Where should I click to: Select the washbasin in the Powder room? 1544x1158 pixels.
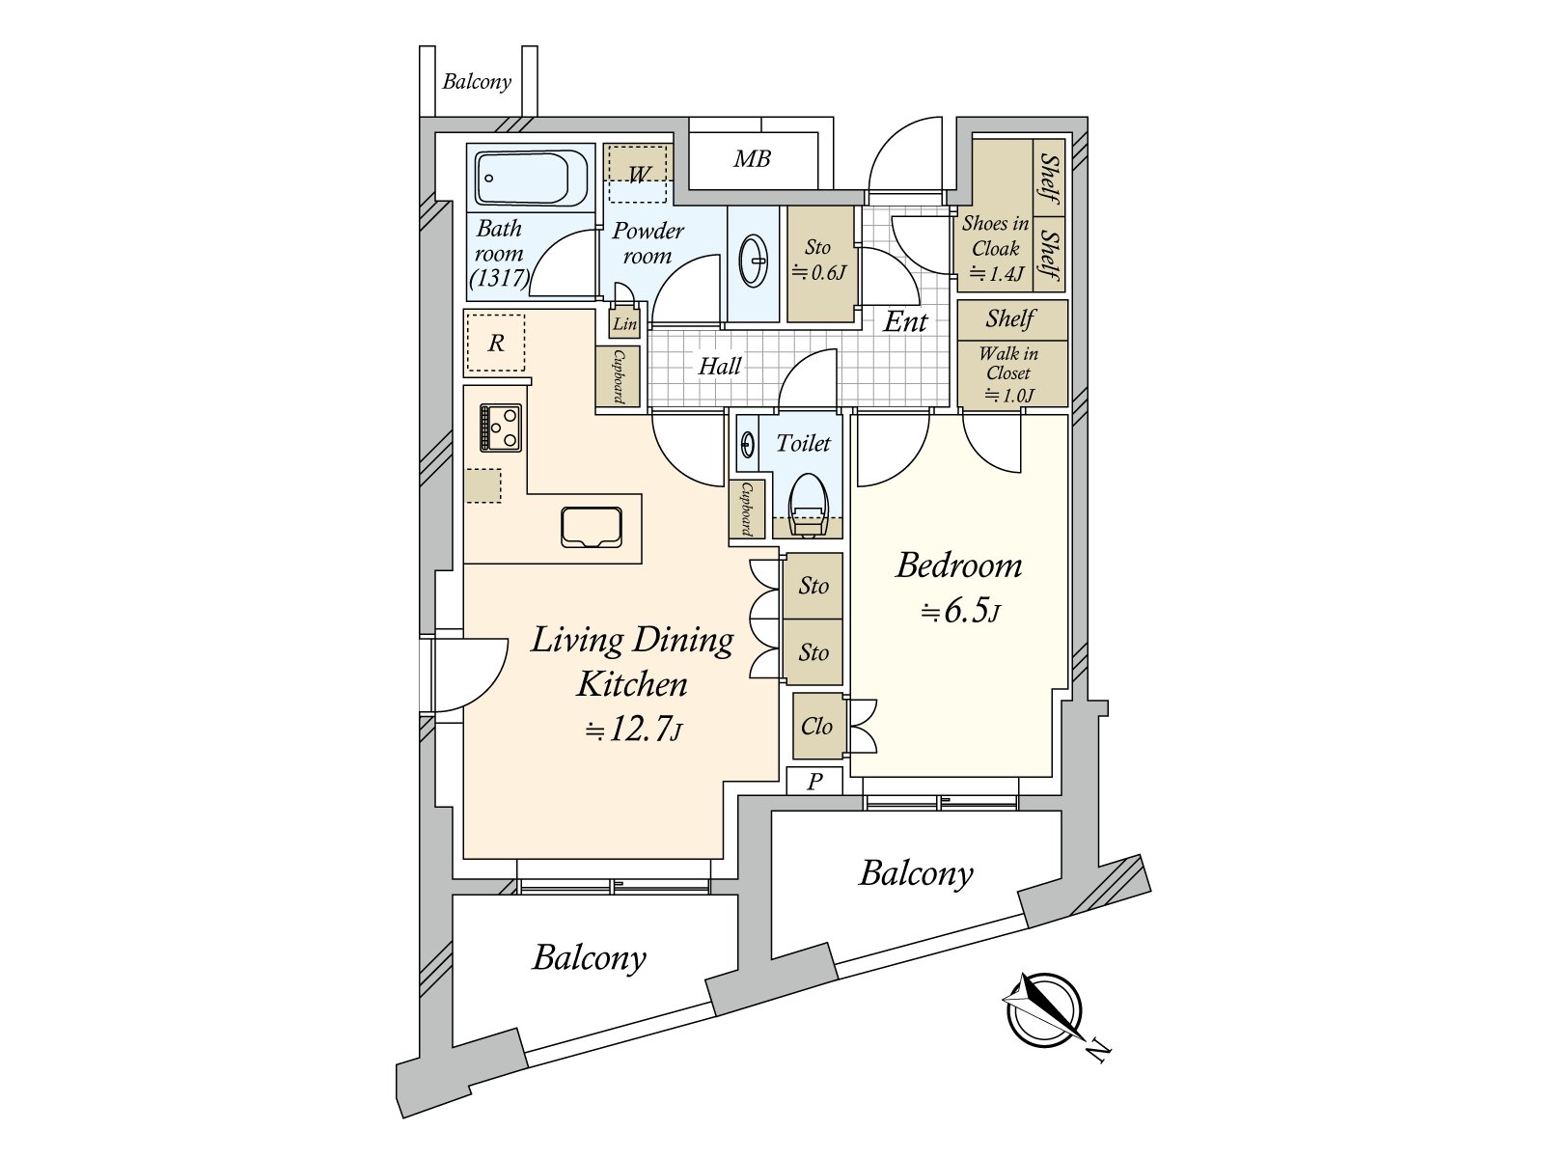pos(754,261)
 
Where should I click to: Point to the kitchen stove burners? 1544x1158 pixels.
pos(501,427)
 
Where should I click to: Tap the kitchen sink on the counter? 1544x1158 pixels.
pos(591,527)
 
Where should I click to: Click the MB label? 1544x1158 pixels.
pos(752,159)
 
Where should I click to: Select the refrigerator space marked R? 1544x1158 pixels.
pos(496,343)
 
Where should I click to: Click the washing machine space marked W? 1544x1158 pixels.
pos(637,173)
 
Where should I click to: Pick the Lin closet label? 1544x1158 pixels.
pos(624,323)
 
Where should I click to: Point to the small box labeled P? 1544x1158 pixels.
pos(813,781)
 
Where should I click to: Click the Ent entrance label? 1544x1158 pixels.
pos(905,322)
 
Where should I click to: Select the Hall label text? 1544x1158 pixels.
pos(720,366)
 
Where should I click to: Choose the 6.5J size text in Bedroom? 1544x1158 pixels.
pos(961,610)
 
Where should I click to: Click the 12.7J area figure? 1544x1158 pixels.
pos(633,730)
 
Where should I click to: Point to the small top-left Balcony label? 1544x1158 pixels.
pos(476,82)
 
